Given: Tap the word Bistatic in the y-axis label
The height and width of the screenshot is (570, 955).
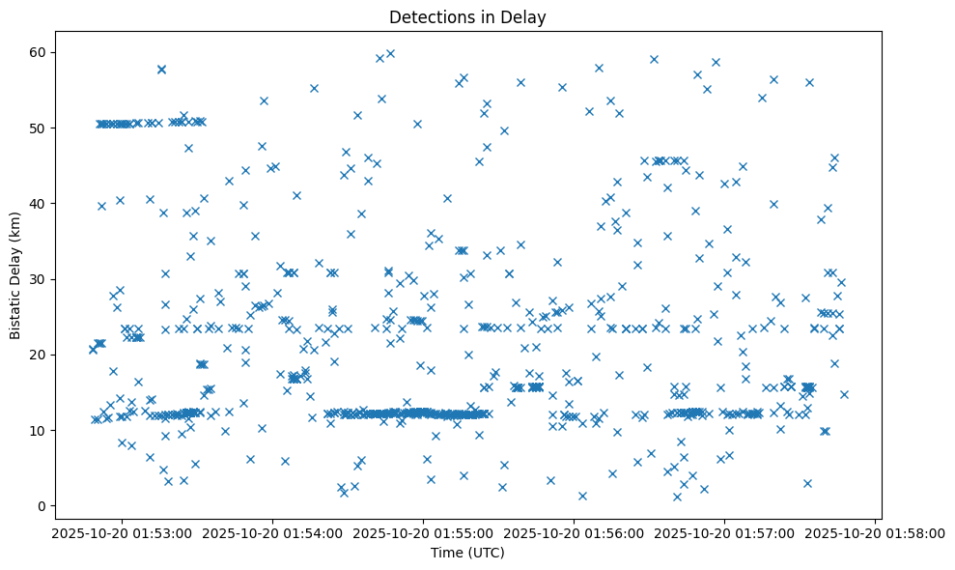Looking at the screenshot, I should point(15,306).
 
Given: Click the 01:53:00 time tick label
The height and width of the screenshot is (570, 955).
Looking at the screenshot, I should point(121,531).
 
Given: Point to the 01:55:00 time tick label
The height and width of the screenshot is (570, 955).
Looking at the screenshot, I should point(422,531).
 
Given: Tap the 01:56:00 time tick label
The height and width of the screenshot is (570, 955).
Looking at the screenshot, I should point(574,531).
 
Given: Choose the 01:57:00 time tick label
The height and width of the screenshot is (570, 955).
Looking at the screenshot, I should point(724,531).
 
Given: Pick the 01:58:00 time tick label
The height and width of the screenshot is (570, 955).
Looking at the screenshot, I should point(875,531).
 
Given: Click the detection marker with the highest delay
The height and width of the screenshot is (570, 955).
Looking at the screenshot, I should point(390,54).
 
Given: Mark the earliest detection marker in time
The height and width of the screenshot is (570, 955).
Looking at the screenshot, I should point(93,350).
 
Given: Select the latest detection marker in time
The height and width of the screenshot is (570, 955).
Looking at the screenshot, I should point(844,394).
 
